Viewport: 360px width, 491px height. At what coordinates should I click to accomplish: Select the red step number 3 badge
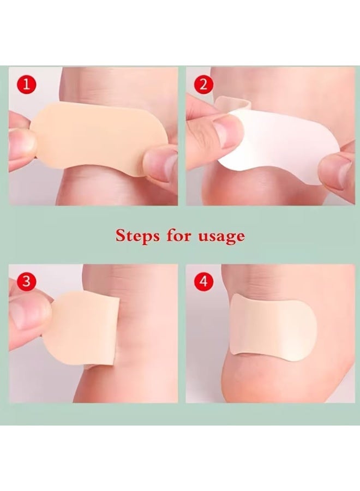coord(26,282)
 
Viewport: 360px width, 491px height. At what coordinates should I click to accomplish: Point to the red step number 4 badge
coord(203,282)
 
